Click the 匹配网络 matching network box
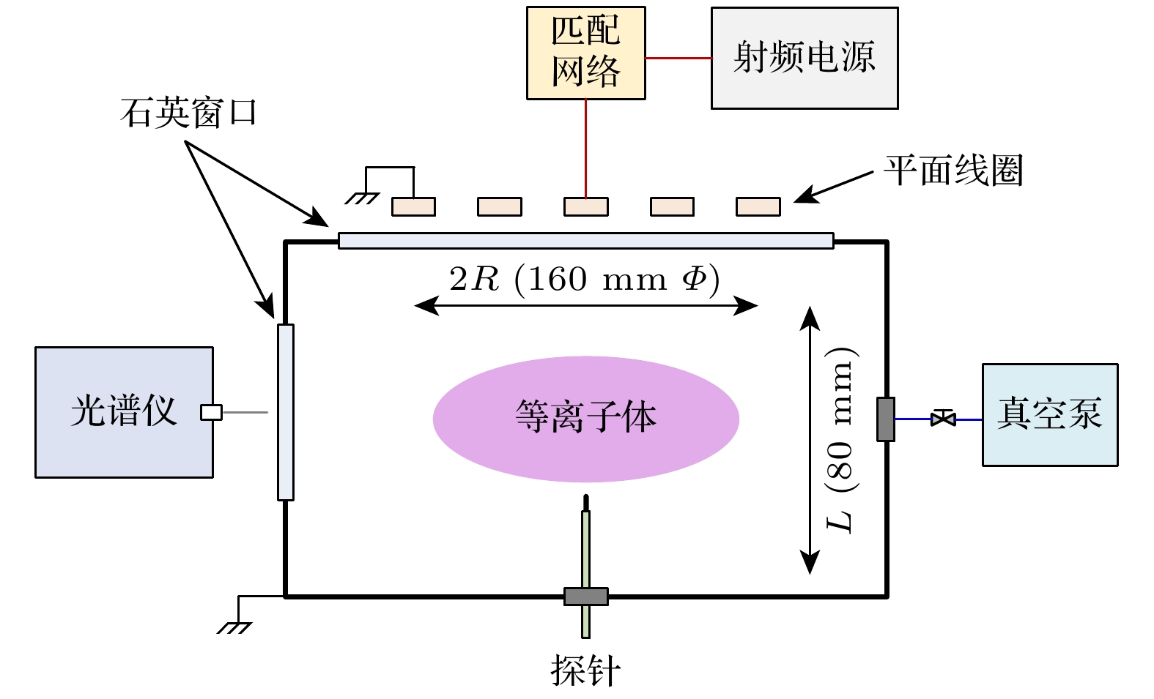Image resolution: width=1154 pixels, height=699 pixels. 585,53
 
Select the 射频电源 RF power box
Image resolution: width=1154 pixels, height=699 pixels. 804,58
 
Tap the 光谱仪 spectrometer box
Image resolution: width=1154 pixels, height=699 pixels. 124,412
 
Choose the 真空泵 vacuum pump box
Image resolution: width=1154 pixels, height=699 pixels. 1049,414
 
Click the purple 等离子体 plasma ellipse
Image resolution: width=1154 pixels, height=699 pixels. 585,419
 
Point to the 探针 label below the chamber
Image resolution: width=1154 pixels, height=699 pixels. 585,670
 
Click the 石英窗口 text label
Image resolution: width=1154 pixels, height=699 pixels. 188,113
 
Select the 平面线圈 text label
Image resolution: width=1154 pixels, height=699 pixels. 953,171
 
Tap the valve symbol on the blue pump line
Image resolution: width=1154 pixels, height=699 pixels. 943,419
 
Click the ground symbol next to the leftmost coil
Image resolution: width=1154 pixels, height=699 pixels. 363,197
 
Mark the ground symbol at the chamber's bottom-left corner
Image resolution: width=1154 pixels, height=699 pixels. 234,627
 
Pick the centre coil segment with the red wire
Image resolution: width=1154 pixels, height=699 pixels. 585,206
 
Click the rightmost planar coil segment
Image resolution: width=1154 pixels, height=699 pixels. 758,206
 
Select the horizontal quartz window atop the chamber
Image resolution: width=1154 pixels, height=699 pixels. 585,240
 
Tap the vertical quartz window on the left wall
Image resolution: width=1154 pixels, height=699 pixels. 286,412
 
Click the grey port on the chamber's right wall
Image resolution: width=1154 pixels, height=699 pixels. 885,419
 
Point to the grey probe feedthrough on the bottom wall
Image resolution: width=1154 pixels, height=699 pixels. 585,596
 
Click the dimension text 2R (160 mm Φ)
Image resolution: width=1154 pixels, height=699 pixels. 584,279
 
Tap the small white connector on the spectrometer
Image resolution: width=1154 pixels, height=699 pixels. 211,412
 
